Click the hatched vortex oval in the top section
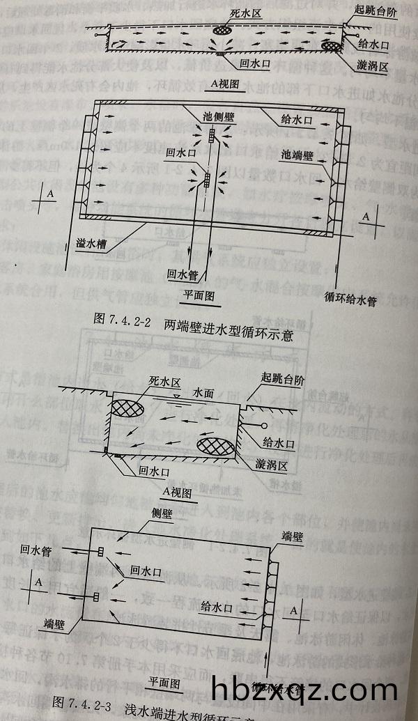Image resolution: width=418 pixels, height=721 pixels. pyautogui.click(x=332, y=46)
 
